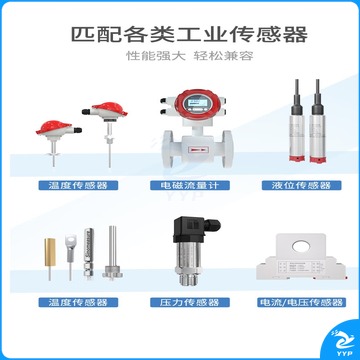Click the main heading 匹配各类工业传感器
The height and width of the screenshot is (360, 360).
point(190,35)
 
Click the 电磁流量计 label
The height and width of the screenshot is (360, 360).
point(190,185)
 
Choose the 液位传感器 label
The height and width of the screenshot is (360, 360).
point(301,185)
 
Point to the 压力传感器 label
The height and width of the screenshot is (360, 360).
point(190,302)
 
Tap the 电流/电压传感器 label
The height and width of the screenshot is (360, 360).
point(301,302)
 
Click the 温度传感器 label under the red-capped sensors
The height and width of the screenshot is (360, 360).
point(78,185)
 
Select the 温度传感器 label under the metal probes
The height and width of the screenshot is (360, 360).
point(78,302)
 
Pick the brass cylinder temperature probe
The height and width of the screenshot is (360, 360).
point(50,252)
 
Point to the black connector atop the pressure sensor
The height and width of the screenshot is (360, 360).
point(192,229)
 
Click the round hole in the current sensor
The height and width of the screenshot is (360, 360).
point(302,247)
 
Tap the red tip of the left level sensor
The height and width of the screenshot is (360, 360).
point(296,159)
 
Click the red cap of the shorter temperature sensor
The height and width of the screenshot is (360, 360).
point(54,127)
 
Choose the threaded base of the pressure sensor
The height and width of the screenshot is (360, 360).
point(189,279)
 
